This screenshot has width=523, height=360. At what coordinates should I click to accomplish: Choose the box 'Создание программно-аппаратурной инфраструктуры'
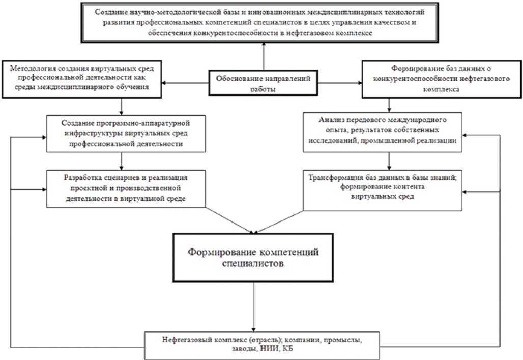[122, 133]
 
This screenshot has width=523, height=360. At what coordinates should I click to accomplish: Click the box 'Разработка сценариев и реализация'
[126, 188]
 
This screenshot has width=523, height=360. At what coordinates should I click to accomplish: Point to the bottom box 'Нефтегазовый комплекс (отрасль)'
[263, 344]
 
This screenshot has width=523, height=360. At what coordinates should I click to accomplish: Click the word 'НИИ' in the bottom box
[273, 349]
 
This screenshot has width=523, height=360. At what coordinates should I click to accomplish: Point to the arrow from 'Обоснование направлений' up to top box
[264, 56]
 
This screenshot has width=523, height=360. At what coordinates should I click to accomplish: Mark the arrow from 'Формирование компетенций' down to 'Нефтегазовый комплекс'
[253, 306]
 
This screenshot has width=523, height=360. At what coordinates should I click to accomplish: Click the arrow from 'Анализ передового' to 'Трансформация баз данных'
[389, 160]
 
